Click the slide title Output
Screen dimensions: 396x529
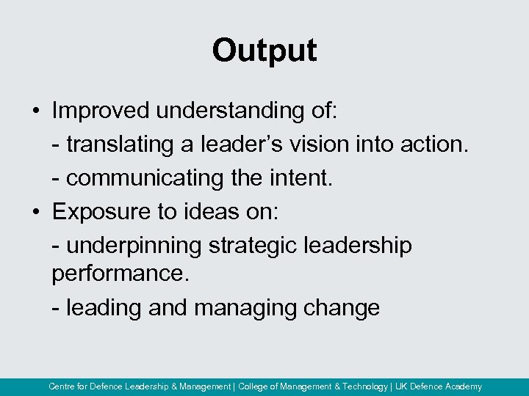[264, 51]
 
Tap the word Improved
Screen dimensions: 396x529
[101, 111]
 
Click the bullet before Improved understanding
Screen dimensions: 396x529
[35, 111]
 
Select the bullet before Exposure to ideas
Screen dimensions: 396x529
[35, 212]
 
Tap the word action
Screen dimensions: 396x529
[433, 144]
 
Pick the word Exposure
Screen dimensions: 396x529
[99, 212]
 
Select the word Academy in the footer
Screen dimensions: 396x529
[463, 386]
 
